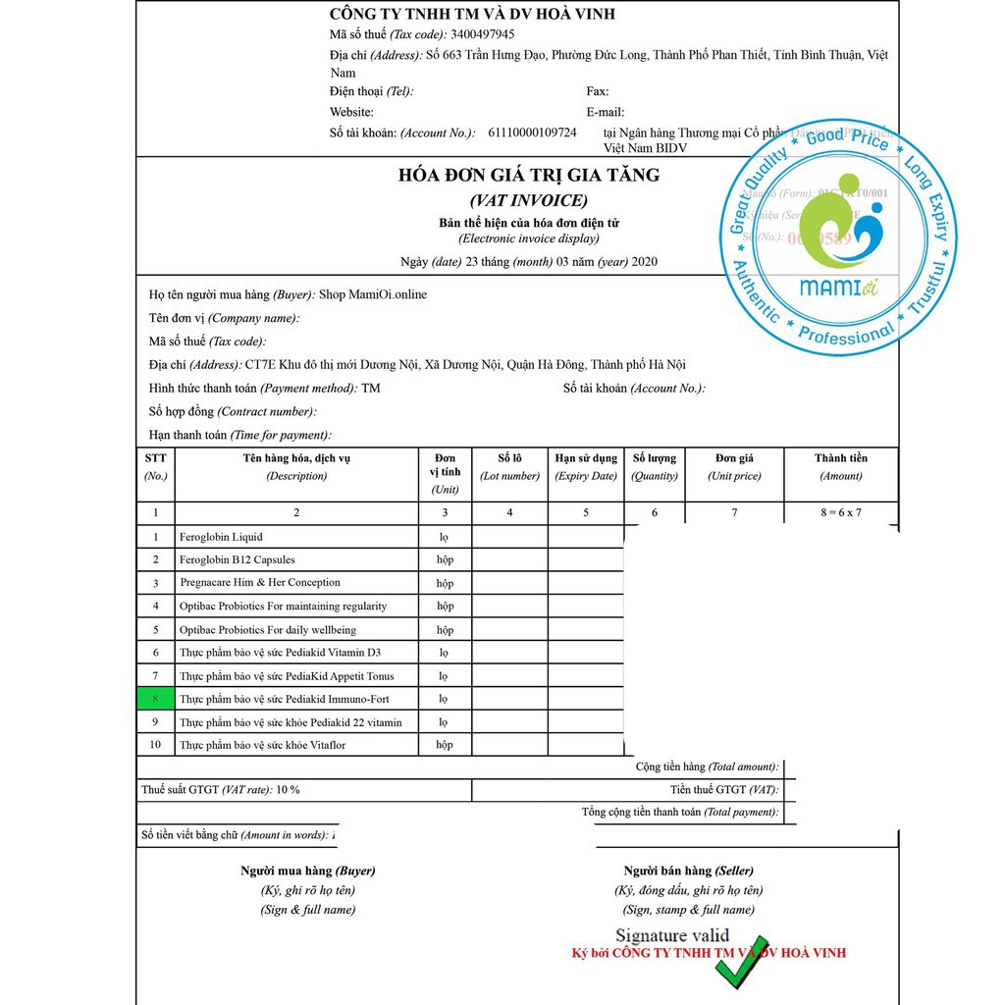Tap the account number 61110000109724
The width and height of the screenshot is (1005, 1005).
click(532, 132)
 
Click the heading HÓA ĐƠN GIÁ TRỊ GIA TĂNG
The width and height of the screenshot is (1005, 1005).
click(528, 176)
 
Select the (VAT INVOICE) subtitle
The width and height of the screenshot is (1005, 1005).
click(528, 201)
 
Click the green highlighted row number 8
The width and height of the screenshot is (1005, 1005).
click(155, 699)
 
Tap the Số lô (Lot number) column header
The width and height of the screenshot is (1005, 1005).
click(509, 466)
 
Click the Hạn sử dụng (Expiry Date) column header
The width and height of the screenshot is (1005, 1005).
click(586, 466)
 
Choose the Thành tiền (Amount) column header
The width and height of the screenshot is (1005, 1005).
click(841, 466)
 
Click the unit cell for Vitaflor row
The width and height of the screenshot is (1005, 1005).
click(445, 745)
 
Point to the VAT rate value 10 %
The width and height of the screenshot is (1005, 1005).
click(288, 790)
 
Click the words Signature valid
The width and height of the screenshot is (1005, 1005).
click(672, 935)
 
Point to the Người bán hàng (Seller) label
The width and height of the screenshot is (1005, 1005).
click(689, 871)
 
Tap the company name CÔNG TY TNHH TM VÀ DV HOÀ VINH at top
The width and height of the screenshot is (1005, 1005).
click(472, 14)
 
